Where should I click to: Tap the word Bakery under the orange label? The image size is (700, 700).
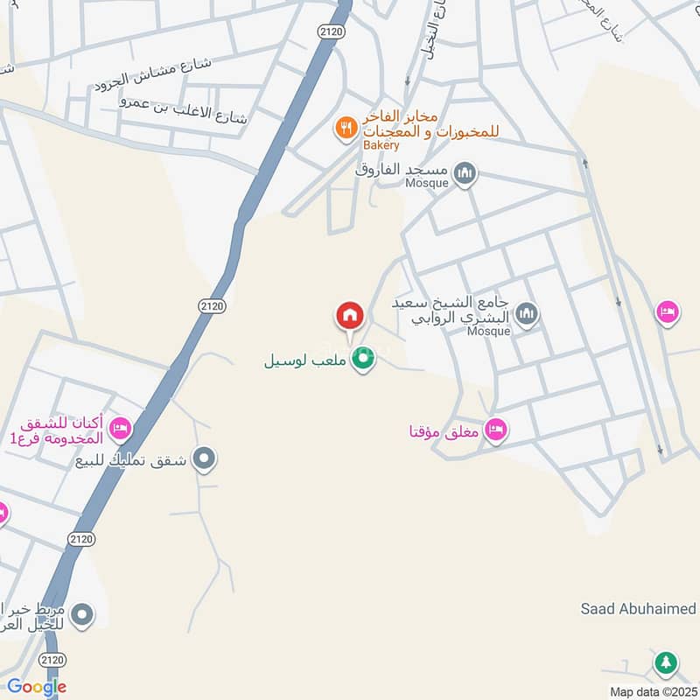[381, 145]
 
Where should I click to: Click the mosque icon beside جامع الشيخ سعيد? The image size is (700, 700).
[526, 313]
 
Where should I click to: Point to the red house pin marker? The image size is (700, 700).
[350, 316]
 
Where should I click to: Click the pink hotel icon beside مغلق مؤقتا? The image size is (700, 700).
[496, 430]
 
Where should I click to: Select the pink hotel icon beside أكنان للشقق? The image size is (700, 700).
[121, 429]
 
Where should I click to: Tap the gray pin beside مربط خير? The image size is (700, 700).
[82, 615]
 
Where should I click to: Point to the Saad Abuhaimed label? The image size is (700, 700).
[639, 608]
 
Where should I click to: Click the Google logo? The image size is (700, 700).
[37, 687]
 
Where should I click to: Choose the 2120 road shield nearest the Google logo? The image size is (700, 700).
[52, 659]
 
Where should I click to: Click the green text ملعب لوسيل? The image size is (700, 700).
[307, 360]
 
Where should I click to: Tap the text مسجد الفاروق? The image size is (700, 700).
[402, 169]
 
